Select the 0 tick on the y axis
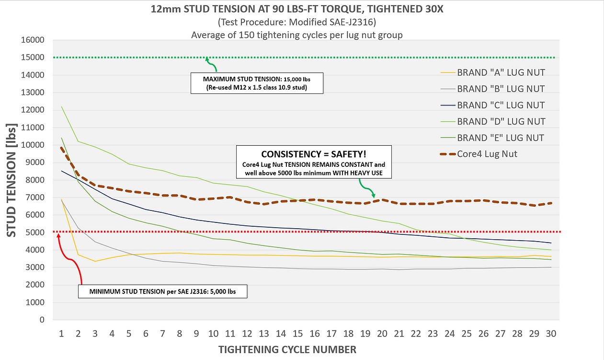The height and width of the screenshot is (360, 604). pyautogui.click(x=42, y=320)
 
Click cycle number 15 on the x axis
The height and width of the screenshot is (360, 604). pyautogui.click(x=297, y=333)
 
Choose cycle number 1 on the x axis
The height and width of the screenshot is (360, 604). pyautogui.click(x=61, y=333)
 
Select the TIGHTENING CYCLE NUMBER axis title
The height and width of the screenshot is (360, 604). pyautogui.click(x=287, y=349)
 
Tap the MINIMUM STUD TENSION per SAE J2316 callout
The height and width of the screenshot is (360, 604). pyautogui.click(x=163, y=291)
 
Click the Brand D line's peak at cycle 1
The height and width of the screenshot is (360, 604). pyautogui.click(x=61, y=106)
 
